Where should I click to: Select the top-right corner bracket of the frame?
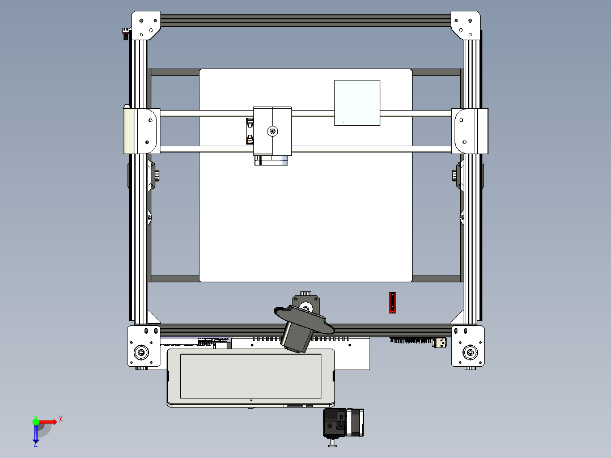pyautogui.click(x=465, y=24)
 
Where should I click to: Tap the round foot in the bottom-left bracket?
pyautogui.click(x=140, y=353)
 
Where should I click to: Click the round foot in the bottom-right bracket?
pyautogui.click(x=469, y=353)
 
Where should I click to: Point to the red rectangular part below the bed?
pyautogui.click(x=392, y=302)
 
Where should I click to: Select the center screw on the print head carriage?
pyautogui.click(x=273, y=132)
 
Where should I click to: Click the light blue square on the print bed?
pyautogui.click(x=357, y=103)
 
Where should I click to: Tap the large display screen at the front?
pyautogui.click(x=251, y=375)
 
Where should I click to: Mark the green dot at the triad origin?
pyautogui.click(x=36, y=421)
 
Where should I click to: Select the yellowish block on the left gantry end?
pyautogui.click(x=129, y=130)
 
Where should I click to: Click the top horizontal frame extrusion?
pyautogui.click(x=306, y=20)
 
